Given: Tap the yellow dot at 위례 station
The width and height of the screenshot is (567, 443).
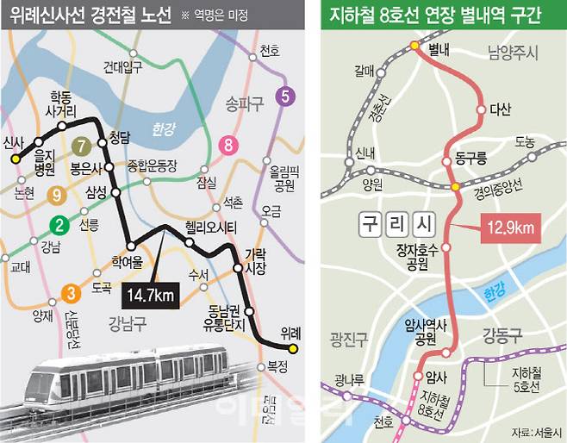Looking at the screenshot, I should coord(293,349).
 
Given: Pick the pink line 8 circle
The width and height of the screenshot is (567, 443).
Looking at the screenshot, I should coord(228,145).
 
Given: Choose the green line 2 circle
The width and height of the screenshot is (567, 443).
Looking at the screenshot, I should coord(59,227).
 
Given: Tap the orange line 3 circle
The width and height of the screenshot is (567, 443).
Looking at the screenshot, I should coord(71,291).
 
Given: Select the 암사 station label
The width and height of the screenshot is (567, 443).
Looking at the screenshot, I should coord(437,377).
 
